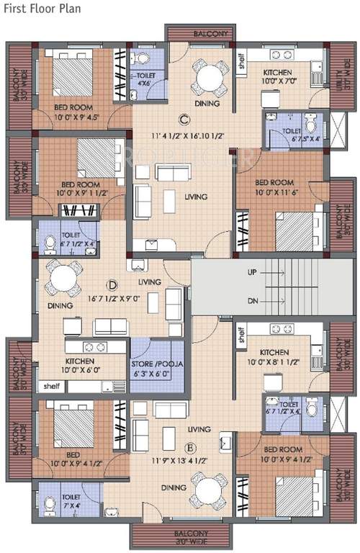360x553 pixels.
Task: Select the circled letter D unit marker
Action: click(x=112, y=285)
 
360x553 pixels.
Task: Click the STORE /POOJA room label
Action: click(x=158, y=368)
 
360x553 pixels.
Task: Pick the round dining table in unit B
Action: click(x=208, y=493)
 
